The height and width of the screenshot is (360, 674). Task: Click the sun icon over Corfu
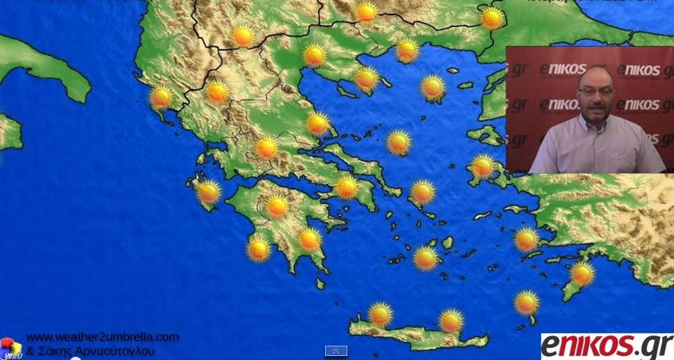161,97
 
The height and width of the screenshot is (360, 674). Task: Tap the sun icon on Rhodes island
582,274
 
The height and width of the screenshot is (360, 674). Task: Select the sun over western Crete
380,314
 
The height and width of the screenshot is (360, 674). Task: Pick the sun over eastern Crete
451,321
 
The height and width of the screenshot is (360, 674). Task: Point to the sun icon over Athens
347,188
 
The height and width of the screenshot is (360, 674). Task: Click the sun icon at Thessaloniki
314,55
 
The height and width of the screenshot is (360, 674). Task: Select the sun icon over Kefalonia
209,192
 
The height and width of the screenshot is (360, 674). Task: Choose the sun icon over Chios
483,166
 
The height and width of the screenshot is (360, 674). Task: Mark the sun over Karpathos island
527,303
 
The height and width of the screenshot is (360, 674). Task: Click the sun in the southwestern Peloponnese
258,248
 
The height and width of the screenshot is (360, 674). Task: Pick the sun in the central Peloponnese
277,207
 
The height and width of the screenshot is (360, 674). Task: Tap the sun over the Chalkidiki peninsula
366,78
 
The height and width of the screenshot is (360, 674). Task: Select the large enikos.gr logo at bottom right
606,346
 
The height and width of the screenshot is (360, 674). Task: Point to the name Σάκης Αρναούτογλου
94,350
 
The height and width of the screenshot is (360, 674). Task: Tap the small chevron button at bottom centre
336,350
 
